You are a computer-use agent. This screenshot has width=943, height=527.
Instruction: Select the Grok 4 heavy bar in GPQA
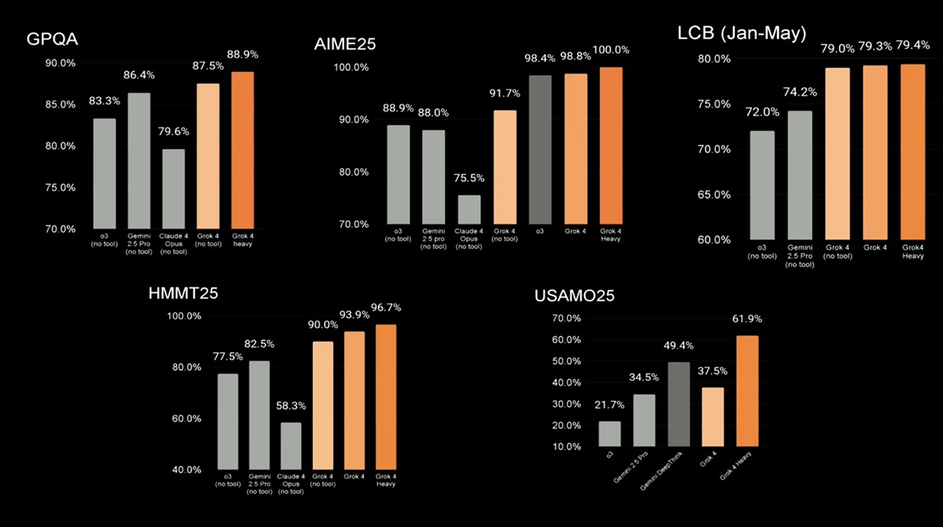point(242,150)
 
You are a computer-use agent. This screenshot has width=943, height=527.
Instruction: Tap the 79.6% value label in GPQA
point(174,132)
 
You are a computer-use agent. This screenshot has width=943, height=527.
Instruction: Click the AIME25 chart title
point(344,45)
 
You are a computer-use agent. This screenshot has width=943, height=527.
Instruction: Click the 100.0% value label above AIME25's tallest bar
point(611,50)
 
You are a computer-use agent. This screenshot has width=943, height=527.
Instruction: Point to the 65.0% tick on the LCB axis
point(714,194)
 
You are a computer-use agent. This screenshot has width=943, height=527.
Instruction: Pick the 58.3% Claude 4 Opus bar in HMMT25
point(291,445)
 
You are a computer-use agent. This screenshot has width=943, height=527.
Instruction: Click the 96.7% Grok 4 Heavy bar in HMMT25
point(385,397)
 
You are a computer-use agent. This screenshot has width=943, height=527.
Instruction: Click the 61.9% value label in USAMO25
point(746,319)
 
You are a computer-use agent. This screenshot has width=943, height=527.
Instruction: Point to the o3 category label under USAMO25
point(610,453)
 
